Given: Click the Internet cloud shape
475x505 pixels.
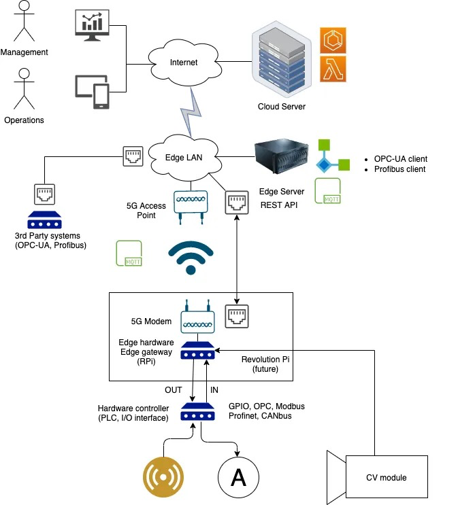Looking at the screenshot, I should (x=184, y=63).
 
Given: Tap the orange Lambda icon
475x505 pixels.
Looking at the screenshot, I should (x=333, y=69).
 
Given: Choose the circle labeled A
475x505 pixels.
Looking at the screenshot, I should (x=238, y=478).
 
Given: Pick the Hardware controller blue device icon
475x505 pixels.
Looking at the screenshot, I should (x=198, y=411).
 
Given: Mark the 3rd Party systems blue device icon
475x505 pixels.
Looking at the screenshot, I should (x=46, y=221).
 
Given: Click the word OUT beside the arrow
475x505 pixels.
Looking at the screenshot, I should (x=174, y=390).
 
